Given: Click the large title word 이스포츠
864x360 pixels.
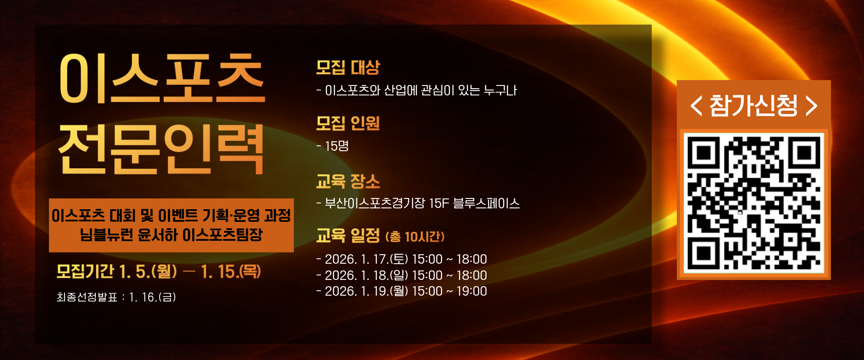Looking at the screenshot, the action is click(x=162, y=78).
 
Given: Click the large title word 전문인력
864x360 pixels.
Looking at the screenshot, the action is click(x=161, y=149).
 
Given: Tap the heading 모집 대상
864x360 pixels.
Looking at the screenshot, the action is click(x=348, y=67).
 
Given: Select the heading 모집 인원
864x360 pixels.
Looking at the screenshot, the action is click(x=348, y=123).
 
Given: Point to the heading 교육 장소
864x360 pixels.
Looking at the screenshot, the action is click(x=348, y=181).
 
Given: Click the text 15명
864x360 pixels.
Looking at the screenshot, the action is click(x=337, y=146).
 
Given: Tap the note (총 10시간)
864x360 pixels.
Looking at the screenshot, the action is click(x=415, y=237).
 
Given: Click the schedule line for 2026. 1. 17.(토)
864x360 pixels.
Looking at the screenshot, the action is click(x=401, y=259).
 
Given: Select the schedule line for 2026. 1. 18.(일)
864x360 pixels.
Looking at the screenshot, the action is click(x=401, y=275).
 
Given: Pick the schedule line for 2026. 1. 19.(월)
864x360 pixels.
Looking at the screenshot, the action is click(x=401, y=291).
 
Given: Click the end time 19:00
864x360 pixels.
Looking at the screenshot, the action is click(x=472, y=291).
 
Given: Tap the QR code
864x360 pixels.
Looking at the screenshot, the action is click(x=754, y=203).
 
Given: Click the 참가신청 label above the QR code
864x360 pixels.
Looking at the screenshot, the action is click(x=754, y=106).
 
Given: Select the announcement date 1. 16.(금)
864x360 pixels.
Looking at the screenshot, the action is click(x=152, y=297).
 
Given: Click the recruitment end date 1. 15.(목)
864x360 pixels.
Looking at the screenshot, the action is click(x=231, y=271).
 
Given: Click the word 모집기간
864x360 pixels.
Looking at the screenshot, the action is click(x=85, y=271).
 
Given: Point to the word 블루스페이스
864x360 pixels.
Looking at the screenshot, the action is click(x=486, y=203).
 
